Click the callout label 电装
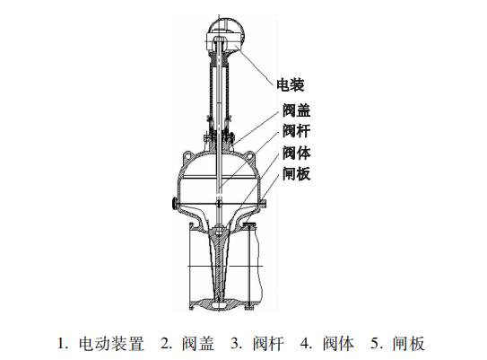(x=291, y=84)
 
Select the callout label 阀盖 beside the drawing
(x=296, y=110)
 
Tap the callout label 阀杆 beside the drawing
(x=296, y=130)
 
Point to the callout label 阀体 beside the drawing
(x=296, y=153)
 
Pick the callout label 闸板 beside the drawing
(x=296, y=173)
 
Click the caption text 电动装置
(x=111, y=344)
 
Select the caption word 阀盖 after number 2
(x=198, y=344)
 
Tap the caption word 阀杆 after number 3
(x=268, y=344)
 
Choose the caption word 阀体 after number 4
(x=338, y=344)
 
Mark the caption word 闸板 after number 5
(x=408, y=344)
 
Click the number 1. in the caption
(x=64, y=344)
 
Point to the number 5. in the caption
(x=377, y=344)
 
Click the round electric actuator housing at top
(x=226, y=34)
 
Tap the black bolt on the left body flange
(x=173, y=203)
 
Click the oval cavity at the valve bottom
(x=219, y=306)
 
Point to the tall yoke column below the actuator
(x=219, y=93)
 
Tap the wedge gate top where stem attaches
(x=219, y=233)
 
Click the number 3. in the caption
(x=237, y=344)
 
